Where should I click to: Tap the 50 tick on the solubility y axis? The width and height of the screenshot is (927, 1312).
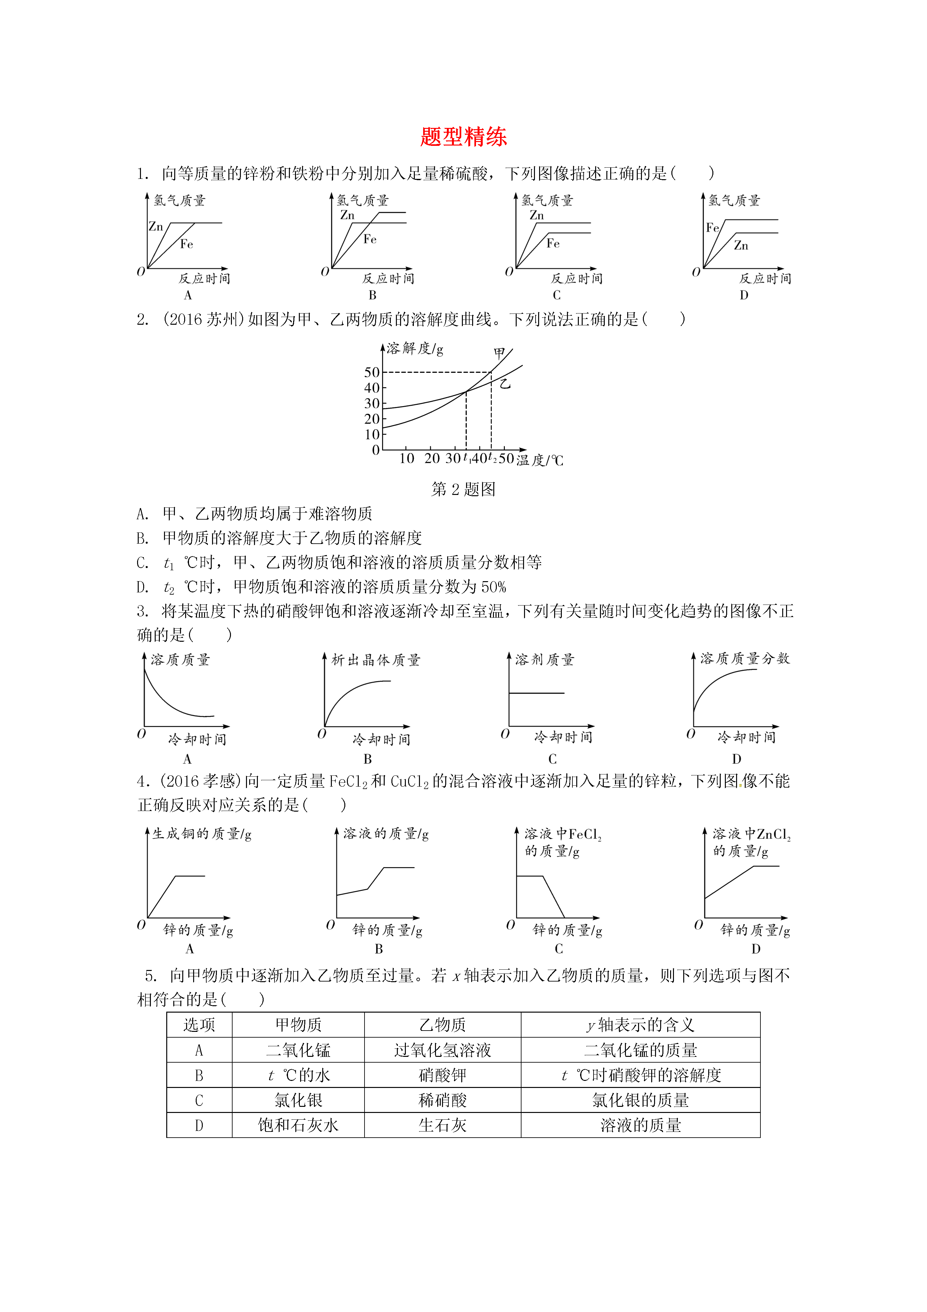coord(372,372)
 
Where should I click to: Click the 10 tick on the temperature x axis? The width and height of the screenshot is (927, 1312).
coord(406,458)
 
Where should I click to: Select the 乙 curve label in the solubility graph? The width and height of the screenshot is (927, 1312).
coord(505,383)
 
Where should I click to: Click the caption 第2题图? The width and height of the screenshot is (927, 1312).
coord(463,489)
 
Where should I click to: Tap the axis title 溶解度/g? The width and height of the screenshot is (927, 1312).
coord(415,348)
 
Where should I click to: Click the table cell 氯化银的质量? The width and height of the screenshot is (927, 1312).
coord(640,1100)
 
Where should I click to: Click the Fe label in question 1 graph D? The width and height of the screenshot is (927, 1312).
coord(712,228)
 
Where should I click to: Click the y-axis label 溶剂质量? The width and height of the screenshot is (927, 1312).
coord(544,660)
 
